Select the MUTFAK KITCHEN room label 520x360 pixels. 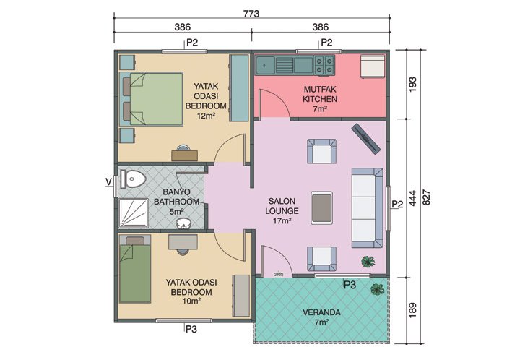(x=320, y=98)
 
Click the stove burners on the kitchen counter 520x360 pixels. (x=324, y=66)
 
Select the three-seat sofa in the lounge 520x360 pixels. (x=366, y=206)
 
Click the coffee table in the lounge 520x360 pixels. (x=321, y=207)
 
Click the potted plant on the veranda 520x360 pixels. (x=377, y=290)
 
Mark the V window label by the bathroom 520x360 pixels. (x=109, y=181)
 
